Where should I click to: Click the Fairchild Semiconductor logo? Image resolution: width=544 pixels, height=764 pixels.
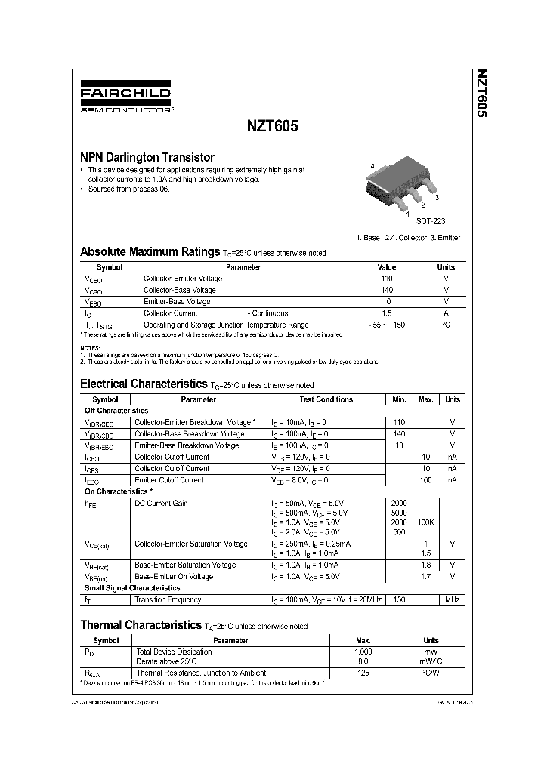(x=125, y=99)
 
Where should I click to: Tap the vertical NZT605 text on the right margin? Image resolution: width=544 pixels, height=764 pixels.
(x=481, y=94)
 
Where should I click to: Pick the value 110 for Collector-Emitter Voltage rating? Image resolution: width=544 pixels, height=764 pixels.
(x=386, y=279)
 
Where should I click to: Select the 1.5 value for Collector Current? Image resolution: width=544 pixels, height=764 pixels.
(x=386, y=313)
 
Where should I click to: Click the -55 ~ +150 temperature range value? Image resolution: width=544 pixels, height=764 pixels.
(x=386, y=324)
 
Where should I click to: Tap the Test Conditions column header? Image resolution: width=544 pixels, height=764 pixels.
(x=326, y=399)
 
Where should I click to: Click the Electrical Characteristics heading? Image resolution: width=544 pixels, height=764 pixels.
(x=143, y=384)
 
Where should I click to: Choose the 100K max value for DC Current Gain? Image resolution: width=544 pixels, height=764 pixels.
(x=425, y=522)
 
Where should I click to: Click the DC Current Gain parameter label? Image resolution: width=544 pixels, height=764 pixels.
(x=161, y=504)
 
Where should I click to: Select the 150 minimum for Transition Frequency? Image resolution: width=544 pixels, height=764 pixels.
(x=399, y=599)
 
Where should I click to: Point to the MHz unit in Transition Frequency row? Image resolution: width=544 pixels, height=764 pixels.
(x=452, y=599)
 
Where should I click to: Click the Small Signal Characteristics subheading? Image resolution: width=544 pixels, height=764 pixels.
(x=132, y=587)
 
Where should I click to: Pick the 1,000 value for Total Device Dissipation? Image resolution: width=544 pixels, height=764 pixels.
(x=363, y=651)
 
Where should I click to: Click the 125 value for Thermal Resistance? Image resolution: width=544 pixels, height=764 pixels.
(x=363, y=672)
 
